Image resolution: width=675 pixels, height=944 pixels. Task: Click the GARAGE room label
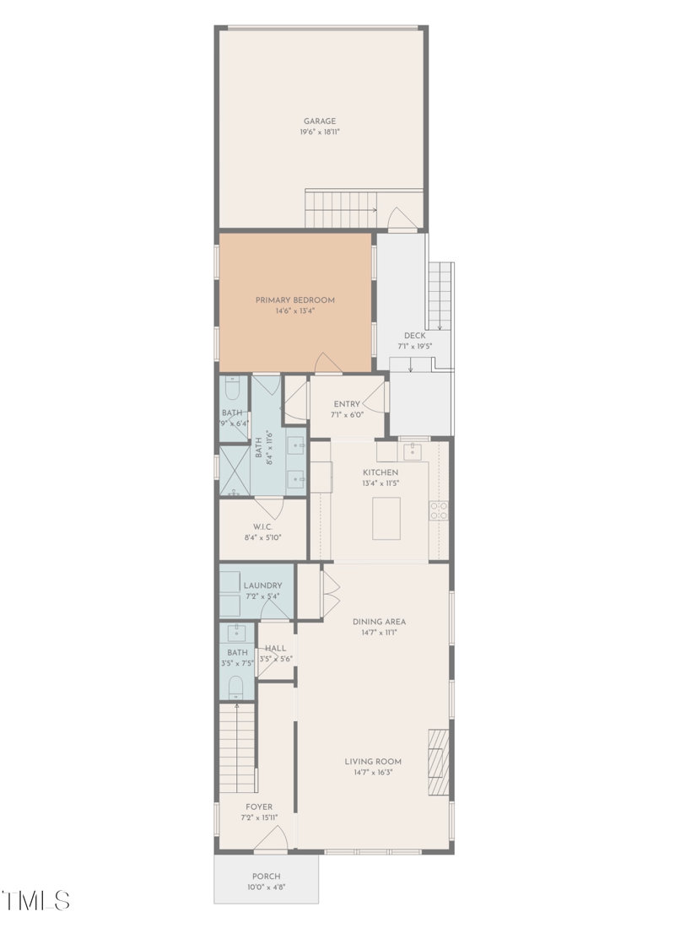pos(320,121)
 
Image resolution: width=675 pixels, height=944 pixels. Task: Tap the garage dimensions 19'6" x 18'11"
pos(320,132)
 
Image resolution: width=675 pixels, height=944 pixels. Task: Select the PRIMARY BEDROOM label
pos(295,300)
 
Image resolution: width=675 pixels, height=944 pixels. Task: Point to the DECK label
pos(414,336)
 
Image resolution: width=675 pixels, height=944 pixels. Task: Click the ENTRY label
pos(347,404)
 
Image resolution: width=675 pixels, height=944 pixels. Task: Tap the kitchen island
pos(386,518)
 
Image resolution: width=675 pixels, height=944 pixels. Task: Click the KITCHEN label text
pos(381,472)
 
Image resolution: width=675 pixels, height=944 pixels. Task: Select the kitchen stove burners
pos(439,510)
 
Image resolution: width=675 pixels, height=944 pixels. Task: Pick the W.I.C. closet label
pos(262,526)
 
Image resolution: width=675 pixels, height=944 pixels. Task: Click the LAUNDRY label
pos(262,585)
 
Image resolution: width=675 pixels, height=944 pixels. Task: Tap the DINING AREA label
pos(379,622)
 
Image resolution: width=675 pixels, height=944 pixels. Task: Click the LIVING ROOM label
pos(373,761)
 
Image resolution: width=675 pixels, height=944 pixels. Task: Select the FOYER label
pos(258,806)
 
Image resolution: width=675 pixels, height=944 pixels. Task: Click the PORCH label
pos(266,876)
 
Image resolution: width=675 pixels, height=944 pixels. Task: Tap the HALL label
pos(275,649)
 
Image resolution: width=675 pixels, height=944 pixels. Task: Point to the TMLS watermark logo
pos(36,900)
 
